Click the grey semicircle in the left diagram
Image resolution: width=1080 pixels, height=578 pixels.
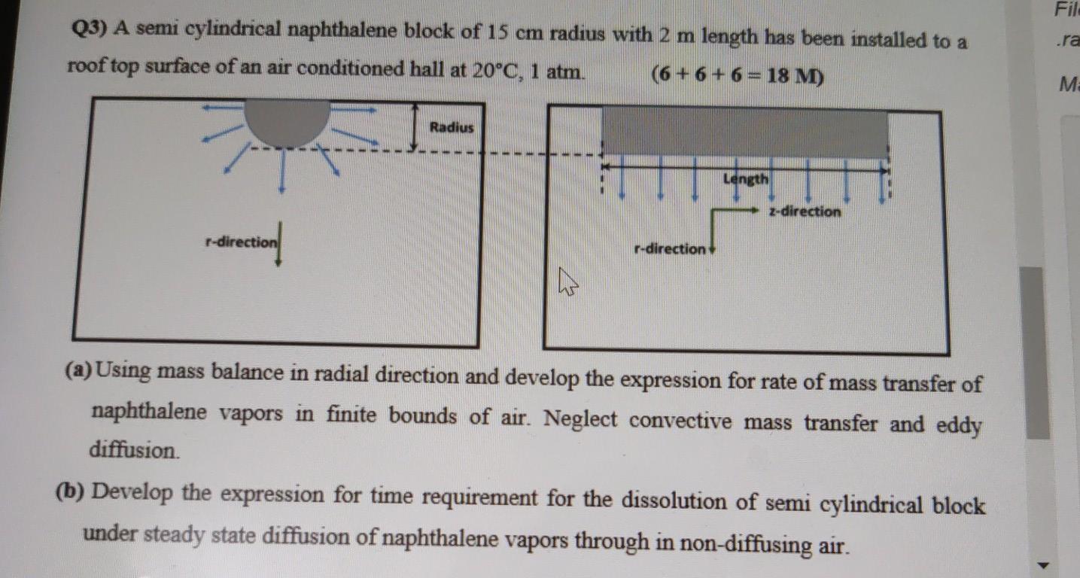coord(287,121)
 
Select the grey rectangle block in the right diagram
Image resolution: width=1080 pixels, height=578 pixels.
coord(745,132)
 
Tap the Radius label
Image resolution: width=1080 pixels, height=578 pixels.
coord(452,127)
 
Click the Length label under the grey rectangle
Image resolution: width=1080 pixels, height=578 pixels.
coord(746,179)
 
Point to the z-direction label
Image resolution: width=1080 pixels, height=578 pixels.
coord(805,211)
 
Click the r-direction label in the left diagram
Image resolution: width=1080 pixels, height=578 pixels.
coord(240,242)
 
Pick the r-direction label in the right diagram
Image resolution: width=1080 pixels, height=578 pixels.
coord(670,248)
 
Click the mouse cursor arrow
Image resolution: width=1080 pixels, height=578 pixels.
coord(568,284)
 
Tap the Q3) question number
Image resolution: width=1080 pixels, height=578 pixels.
coord(90,29)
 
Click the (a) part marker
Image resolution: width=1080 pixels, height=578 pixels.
coord(78,370)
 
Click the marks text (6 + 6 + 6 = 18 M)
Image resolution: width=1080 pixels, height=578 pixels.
coord(738,75)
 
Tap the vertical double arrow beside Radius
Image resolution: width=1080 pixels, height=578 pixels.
coord(415,126)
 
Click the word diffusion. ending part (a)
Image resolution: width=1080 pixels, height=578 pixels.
coord(135,450)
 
